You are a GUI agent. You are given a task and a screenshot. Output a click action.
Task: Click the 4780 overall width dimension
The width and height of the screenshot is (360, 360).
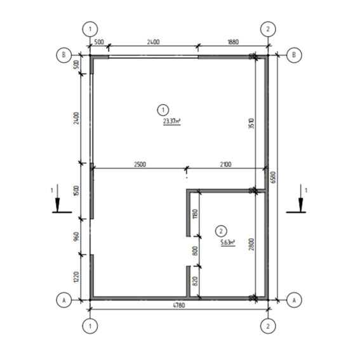178,305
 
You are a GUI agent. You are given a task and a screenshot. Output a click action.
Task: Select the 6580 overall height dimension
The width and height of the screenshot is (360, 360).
273,177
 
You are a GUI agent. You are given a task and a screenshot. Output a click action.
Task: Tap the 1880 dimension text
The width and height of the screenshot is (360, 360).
233,42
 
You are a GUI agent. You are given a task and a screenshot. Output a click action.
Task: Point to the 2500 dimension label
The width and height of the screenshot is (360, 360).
140,164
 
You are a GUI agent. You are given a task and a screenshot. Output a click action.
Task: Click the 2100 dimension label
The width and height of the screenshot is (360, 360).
225,164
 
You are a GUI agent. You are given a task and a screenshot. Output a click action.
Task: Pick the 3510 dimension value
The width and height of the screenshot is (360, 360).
251,123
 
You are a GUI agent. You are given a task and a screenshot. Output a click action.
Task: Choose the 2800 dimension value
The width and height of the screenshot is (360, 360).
251,244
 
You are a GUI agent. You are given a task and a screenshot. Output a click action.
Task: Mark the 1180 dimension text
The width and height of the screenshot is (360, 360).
195,214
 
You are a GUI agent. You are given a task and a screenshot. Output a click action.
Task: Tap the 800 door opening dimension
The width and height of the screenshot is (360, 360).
195,251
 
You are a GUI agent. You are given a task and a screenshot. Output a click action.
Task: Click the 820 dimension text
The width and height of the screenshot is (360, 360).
195,281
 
